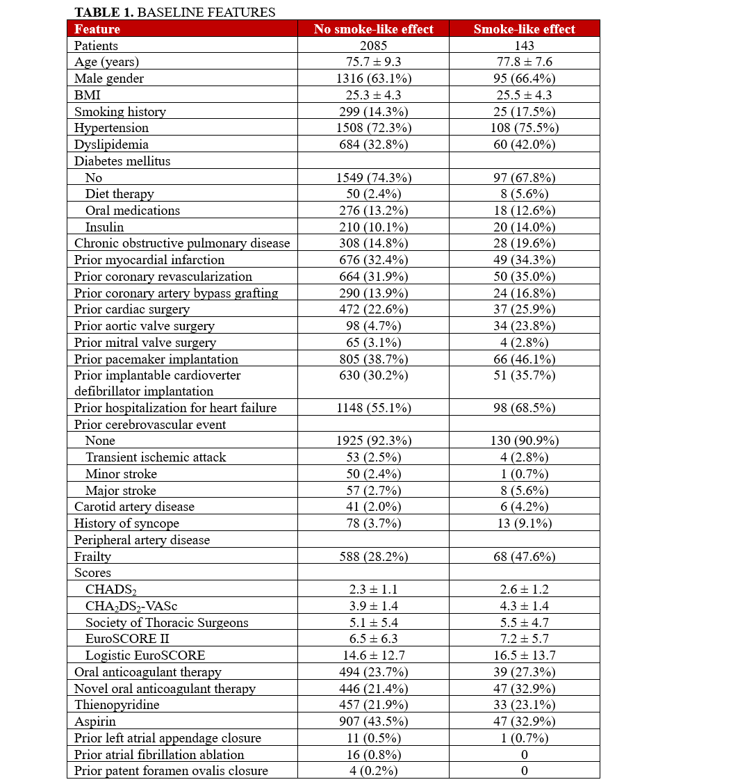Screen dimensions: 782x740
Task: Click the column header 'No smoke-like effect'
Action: pos(373,29)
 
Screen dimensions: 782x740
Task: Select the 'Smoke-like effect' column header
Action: pos(524,29)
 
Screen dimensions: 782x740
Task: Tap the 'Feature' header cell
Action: pos(97,29)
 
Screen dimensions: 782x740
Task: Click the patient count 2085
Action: pos(373,46)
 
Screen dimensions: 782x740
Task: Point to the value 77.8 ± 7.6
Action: pos(524,62)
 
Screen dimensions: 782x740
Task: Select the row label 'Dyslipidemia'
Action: pos(111,145)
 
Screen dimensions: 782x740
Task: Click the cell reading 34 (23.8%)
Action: pos(524,326)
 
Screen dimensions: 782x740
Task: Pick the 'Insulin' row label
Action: pos(104,227)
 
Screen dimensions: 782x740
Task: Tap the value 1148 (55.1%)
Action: pos(373,408)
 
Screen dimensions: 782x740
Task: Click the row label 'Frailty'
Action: pos(92,557)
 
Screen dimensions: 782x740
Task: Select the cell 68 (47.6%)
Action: pos(524,557)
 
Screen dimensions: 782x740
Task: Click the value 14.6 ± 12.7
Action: pos(373,655)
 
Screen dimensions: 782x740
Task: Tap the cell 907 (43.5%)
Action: pos(373,722)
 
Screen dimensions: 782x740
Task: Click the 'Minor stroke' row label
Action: pos(121,474)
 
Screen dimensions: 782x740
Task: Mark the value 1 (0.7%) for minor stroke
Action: pos(524,474)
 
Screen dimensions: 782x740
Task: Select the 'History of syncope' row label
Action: pos(126,523)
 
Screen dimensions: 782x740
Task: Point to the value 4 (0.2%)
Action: pos(373,771)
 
